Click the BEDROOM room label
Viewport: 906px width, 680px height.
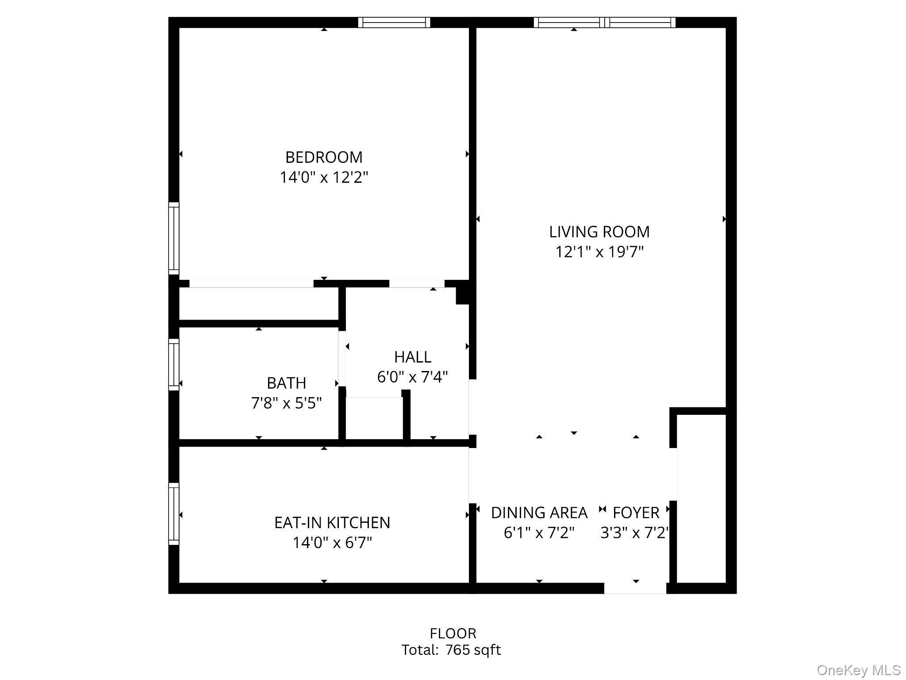point(324,157)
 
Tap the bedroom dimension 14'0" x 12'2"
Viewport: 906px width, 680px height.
point(324,178)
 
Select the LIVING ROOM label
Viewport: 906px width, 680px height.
point(599,232)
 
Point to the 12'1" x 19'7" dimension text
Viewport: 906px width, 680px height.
point(599,252)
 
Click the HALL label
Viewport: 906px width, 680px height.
point(412,357)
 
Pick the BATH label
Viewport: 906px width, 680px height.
point(286,382)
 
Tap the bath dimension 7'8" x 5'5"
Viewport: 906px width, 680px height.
point(286,403)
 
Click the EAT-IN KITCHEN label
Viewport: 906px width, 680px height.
point(332,522)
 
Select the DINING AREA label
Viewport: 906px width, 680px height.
point(539,513)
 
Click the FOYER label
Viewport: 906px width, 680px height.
point(636,513)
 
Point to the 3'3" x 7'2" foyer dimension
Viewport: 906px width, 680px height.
point(633,533)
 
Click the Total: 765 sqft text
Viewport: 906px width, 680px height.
point(451,650)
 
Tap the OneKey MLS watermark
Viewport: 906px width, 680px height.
point(858,670)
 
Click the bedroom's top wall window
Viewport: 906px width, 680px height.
point(394,23)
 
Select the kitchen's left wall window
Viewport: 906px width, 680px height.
point(174,514)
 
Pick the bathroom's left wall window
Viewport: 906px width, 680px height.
point(174,365)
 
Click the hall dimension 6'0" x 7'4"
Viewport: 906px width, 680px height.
point(412,377)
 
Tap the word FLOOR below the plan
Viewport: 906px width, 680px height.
point(453,633)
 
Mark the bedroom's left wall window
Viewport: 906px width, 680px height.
point(174,238)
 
